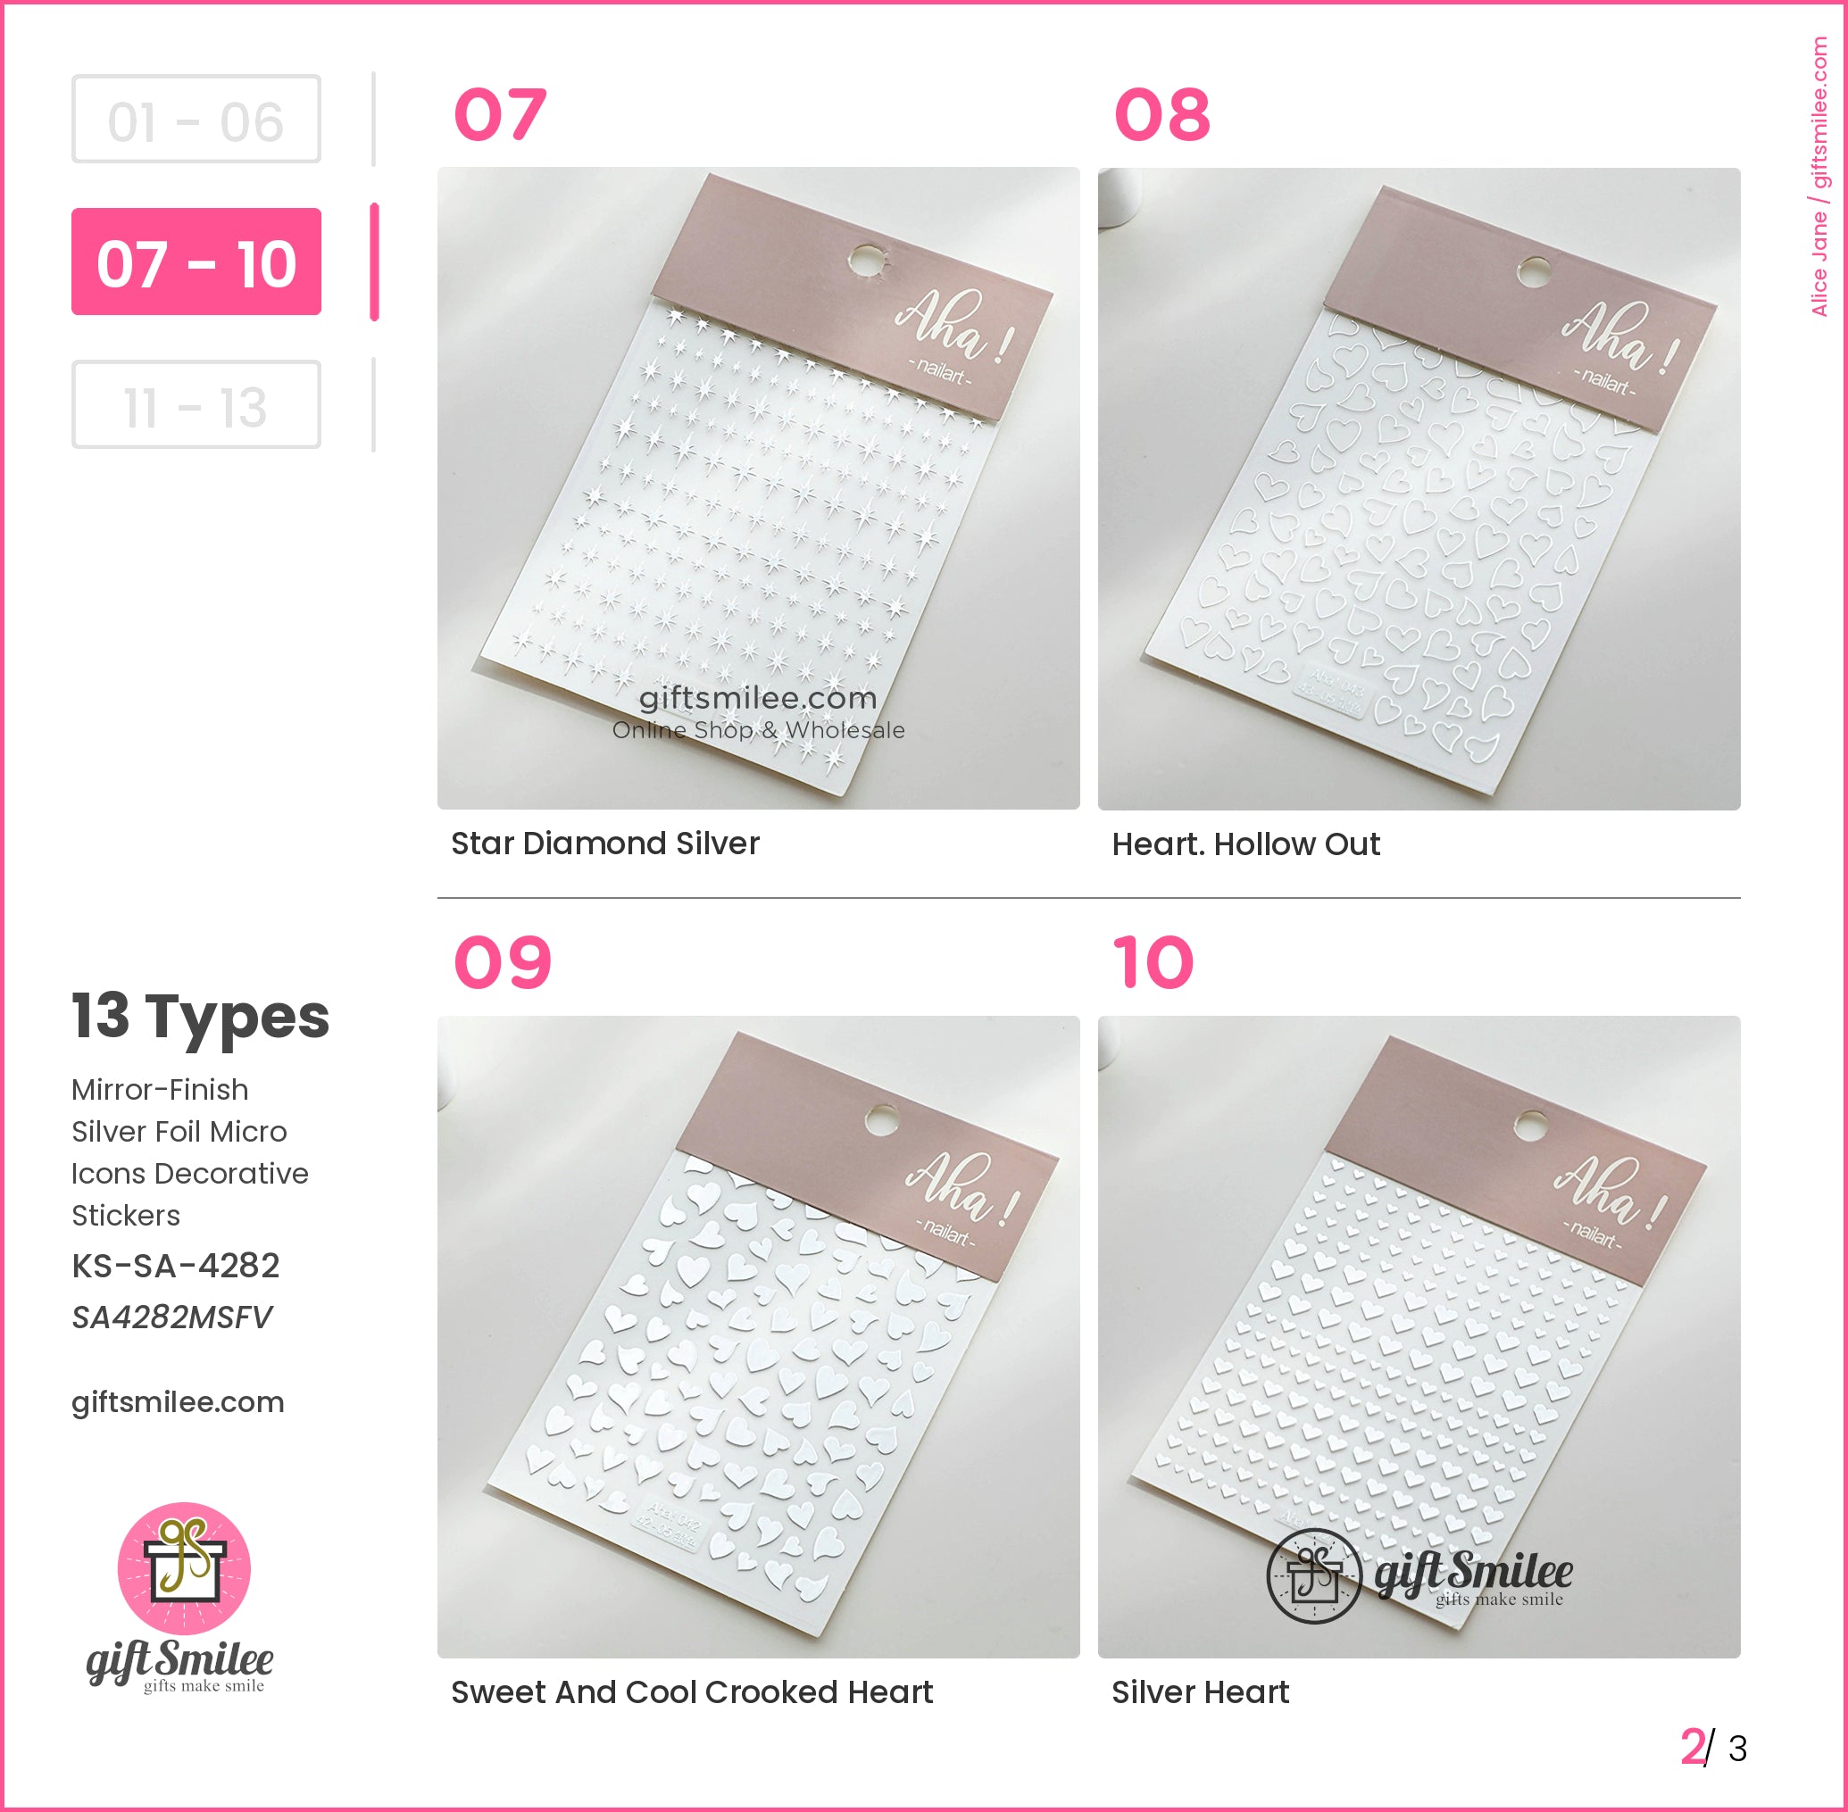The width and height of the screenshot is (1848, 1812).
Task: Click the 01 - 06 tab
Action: [196, 119]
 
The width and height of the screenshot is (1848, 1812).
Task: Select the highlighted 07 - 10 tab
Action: [196, 262]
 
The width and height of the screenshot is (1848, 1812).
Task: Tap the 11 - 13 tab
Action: [196, 404]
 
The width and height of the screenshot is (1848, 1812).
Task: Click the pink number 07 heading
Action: [500, 115]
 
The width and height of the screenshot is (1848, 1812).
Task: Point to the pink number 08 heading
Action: [1161, 115]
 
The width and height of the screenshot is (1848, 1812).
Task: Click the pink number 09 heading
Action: [502, 962]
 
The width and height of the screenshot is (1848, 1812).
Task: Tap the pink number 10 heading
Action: [1153, 962]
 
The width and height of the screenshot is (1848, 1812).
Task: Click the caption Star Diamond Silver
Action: [604, 844]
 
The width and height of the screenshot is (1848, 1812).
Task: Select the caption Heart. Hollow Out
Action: [1244, 844]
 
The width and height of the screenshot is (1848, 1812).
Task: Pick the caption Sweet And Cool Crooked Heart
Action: [691, 1692]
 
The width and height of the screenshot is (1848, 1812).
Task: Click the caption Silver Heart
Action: [1199, 1692]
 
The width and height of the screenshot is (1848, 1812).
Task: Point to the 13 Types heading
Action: [200, 1016]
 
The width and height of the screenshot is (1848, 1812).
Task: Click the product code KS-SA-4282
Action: [175, 1265]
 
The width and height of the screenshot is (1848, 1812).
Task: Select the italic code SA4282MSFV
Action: [171, 1317]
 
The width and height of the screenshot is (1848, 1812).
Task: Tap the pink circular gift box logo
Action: [184, 1568]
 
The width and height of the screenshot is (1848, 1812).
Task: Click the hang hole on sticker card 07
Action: [865, 259]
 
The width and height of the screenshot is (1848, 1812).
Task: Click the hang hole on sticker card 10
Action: [1530, 1125]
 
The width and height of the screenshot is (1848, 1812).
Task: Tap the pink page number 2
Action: [1691, 1748]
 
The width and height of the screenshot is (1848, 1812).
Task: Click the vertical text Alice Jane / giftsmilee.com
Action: [1819, 176]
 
